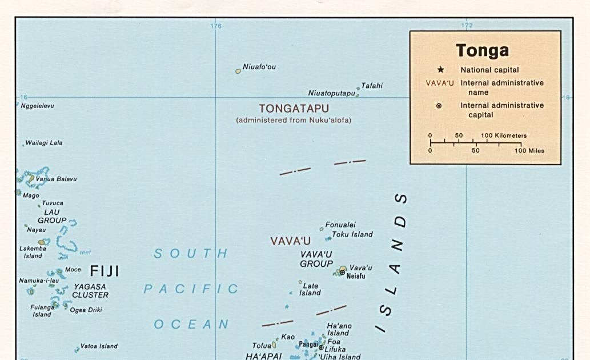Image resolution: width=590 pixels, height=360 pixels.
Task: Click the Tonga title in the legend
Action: click(482, 50)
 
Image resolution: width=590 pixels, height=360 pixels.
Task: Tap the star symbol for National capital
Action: click(440, 70)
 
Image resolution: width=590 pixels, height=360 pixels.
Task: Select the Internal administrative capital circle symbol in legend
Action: click(439, 106)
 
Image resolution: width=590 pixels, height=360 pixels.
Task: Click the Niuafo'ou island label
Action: click(259, 67)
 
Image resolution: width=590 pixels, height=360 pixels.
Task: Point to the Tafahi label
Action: click(372, 86)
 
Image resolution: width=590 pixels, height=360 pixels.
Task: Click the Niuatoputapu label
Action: click(331, 93)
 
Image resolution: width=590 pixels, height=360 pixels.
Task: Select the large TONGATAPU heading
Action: click(294, 108)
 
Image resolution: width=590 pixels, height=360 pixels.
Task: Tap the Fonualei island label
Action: click(340, 225)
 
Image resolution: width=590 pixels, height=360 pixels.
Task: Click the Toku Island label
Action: click(352, 234)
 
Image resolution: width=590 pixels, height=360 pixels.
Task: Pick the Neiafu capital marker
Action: click(342, 273)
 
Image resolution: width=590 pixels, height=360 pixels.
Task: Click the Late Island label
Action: click(311, 289)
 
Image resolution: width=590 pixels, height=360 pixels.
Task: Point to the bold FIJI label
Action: click(105, 271)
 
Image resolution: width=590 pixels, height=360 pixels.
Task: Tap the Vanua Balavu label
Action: click(56, 179)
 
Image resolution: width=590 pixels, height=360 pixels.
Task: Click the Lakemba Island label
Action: click(30, 252)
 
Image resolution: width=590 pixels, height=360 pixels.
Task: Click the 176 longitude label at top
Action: click(215, 26)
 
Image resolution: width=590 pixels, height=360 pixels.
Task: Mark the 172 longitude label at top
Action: click(467, 26)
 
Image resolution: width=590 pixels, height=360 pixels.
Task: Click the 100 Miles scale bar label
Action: click(529, 150)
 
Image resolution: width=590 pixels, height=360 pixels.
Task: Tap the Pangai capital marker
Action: click(321, 347)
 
